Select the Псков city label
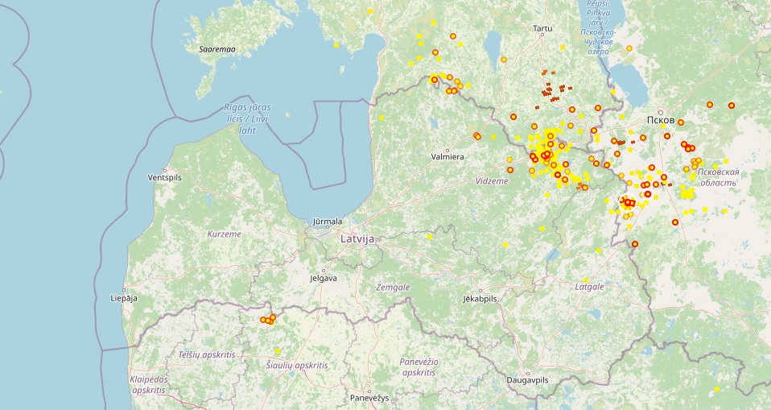tap(660, 120)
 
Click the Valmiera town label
tap(447, 157)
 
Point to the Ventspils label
tap(167, 177)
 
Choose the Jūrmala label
tap(328, 222)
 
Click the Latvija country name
tap(358, 239)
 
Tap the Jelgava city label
tap(323, 279)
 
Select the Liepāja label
tap(124, 298)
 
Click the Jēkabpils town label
tap(480, 298)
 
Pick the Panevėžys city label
tap(369, 399)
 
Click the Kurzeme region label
tap(225, 234)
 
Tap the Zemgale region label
tap(393, 287)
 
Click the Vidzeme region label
tap(492, 181)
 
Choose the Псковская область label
tap(718, 177)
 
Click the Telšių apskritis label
tap(207, 354)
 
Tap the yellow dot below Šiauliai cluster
tap(277, 350)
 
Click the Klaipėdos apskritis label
tap(147, 383)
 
